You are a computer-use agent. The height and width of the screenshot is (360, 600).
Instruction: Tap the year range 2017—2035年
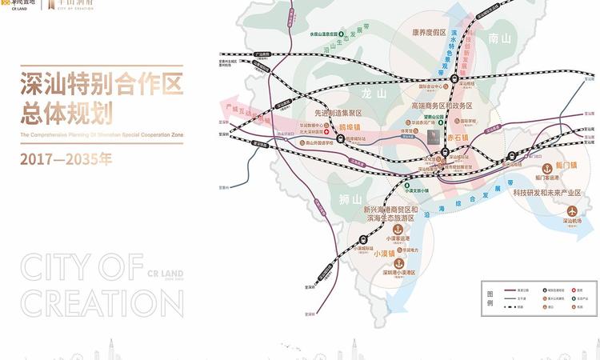click(x=67, y=158)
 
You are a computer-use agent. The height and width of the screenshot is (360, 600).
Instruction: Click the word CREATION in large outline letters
click(x=91, y=302)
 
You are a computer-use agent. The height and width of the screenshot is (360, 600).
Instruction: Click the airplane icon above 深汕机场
click(x=571, y=208)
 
